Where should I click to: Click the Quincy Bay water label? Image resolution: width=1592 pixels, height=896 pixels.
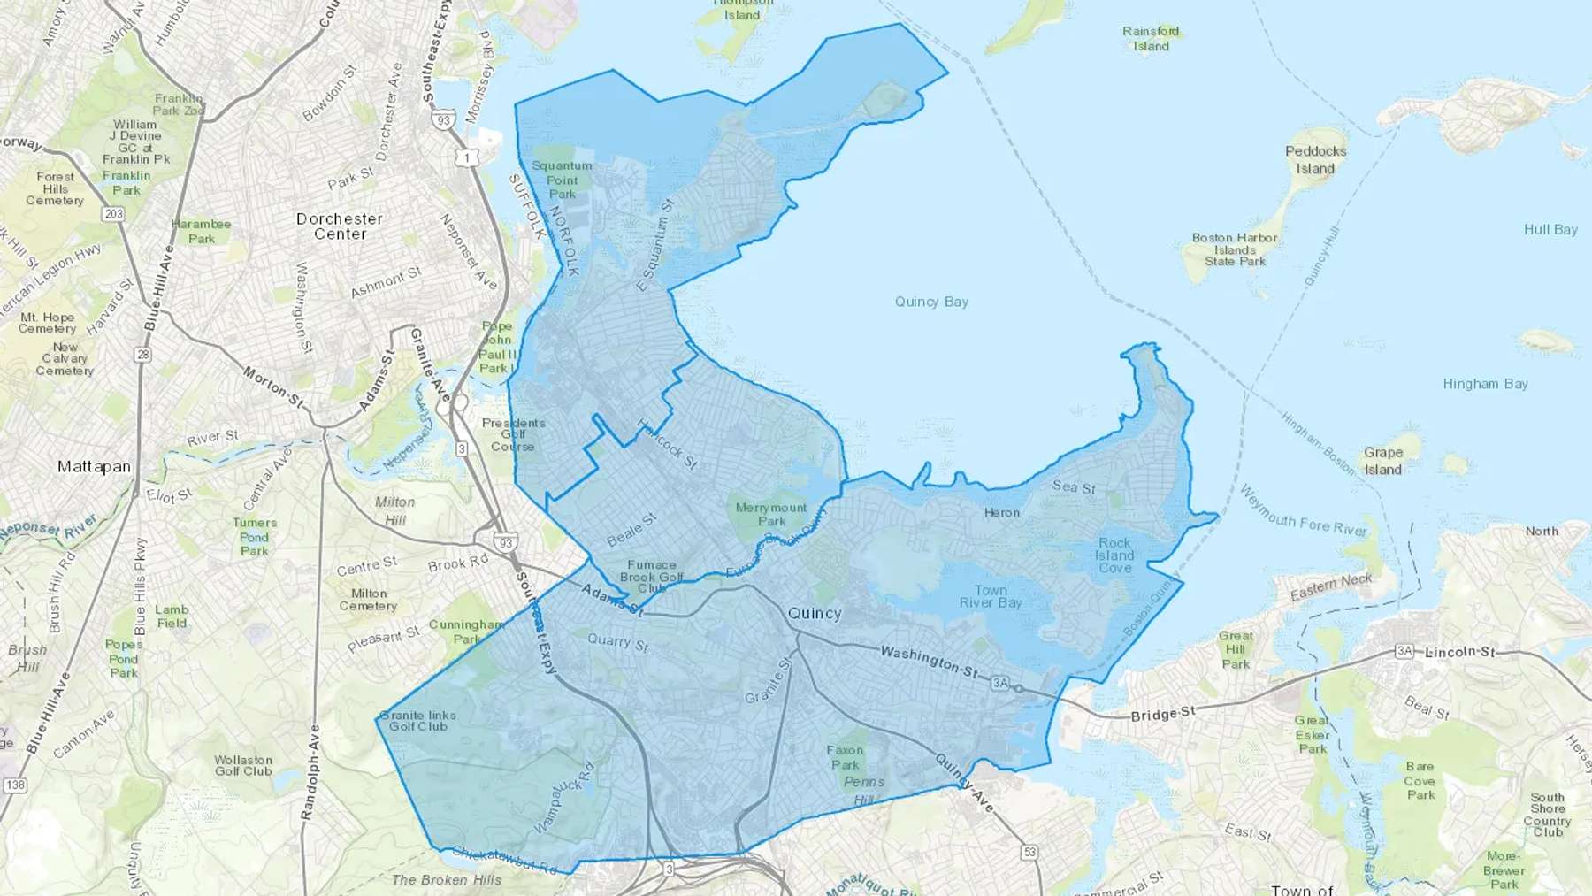click(x=931, y=302)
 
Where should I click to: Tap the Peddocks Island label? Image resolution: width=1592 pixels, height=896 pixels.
click(x=1315, y=160)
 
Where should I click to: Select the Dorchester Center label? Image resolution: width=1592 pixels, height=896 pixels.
click(x=340, y=226)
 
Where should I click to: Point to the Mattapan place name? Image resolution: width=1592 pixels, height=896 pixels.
click(x=94, y=466)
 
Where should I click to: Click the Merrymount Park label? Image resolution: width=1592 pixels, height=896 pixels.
click(x=771, y=514)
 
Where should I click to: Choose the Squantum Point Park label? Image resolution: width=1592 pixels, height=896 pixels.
click(x=562, y=180)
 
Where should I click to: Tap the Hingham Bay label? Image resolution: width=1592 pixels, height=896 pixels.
click(x=1485, y=384)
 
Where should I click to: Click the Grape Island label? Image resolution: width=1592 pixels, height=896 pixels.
click(x=1382, y=461)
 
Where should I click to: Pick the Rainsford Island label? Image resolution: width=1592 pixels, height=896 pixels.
click(x=1151, y=38)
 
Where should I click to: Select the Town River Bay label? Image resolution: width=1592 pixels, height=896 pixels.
click(x=991, y=596)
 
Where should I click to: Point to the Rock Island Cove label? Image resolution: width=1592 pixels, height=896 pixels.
click(x=1114, y=555)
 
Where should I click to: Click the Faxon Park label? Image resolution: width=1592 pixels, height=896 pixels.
click(x=845, y=757)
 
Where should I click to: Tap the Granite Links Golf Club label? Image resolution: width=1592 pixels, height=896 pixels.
click(x=418, y=721)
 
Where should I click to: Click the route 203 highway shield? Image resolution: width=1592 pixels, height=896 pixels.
click(x=113, y=214)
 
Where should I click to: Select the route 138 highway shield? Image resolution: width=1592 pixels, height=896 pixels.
click(x=15, y=785)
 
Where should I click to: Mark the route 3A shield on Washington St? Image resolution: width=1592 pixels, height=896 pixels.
click(x=999, y=683)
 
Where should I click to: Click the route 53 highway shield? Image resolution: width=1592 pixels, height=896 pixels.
click(x=1029, y=853)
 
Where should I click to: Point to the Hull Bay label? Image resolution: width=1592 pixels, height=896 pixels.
click(x=1550, y=230)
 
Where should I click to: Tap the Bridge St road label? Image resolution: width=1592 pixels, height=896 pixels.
click(x=1162, y=714)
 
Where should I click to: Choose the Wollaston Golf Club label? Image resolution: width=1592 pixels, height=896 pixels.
click(x=243, y=765)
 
